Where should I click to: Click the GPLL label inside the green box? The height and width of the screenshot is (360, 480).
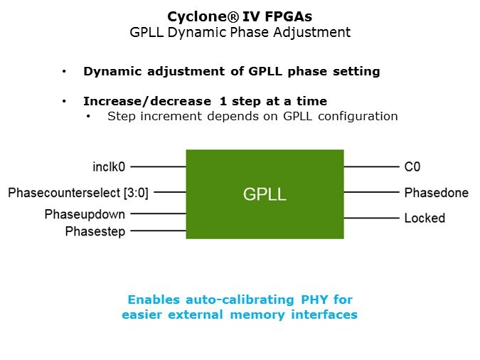pos(265,194)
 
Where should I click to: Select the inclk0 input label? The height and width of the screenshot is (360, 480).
pos(109,167)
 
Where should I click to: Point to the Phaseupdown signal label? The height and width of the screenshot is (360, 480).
pos(85,214)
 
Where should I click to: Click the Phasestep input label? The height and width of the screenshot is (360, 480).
pos(95,231)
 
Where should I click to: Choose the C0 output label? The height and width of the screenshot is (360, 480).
pos(412,167)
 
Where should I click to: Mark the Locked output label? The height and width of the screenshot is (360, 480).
pos(425,218)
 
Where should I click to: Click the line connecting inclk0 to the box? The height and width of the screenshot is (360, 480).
pos(158,167)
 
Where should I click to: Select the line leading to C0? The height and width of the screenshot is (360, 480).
pos(371,167)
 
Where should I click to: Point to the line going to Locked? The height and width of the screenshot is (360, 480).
pos(371,218)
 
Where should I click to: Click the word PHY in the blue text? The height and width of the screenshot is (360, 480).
pos(317,299)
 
